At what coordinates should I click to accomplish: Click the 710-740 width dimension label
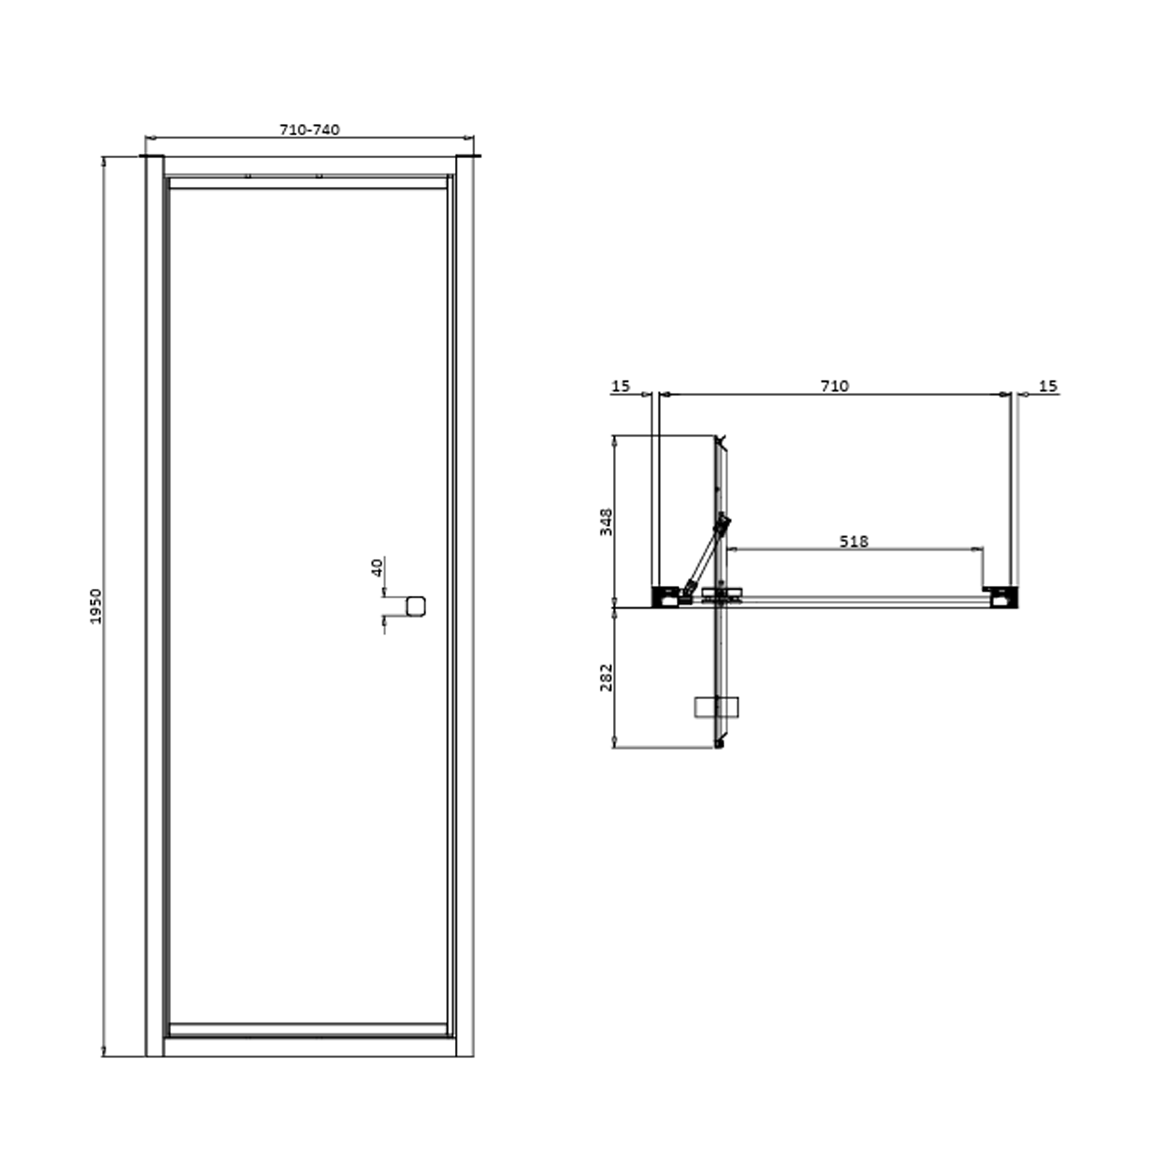(x=309, y=130)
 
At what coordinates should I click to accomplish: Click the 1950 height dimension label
(x=96, y=606)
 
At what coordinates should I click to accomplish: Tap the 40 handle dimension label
(x=377, y=567)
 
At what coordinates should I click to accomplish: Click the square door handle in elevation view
(x=416, y=606)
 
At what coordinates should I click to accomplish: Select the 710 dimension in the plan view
(x=834, y=386)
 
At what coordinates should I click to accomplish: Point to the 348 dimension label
(x=606, y=522)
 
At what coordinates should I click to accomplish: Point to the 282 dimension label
(x=606, y=677)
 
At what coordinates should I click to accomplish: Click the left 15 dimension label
(x=620, y=386)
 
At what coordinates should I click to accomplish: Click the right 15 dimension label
(x=1047, y=386)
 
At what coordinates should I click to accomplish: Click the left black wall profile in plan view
(x=665, y=597)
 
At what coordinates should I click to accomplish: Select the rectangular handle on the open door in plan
(x=717, y=707)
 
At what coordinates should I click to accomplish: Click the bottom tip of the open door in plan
(x=719, y=744)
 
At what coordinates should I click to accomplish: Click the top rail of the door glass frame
(x=308, y=183)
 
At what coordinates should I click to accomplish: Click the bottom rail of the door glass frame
(x=308, y=1029)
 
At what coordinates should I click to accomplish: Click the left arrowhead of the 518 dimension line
(x=733, y=549)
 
